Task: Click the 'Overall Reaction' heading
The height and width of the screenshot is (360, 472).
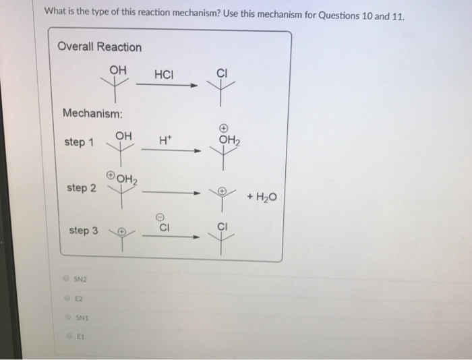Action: [x=100, y=47]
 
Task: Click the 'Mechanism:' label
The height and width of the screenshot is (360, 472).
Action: [x=91, y=113]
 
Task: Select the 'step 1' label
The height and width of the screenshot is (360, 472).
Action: [x=79, y=142]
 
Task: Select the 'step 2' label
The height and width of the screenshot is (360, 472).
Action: [x=81, y=188]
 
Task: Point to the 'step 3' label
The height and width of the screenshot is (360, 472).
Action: [x=84, y=231]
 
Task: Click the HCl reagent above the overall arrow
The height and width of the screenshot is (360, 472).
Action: [x=164, y=74]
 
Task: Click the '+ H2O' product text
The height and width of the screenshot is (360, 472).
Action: [x=262, y=196]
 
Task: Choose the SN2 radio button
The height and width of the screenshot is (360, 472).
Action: [x=66, y=278]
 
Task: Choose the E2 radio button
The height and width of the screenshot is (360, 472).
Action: [x=66, y=297]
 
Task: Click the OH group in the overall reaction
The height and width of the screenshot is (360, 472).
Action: [x=117, y=70]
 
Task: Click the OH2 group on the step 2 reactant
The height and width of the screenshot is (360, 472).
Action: [x=125, y=179]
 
